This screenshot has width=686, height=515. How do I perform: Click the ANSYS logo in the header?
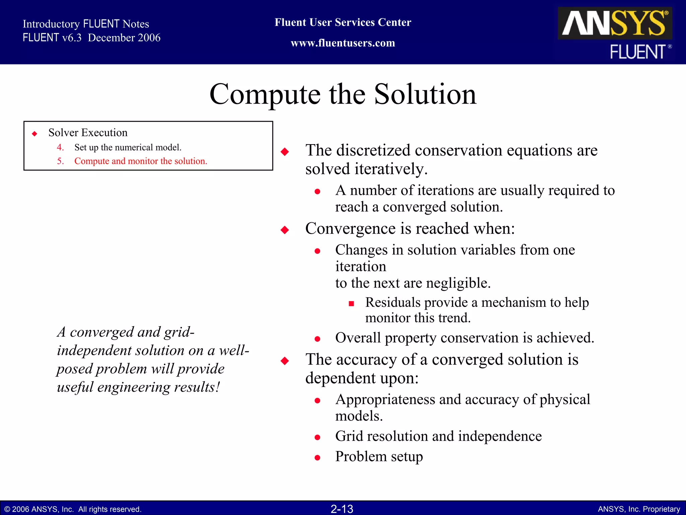(x=614, y=23)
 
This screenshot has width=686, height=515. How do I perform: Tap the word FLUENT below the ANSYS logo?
(x=637, y=52)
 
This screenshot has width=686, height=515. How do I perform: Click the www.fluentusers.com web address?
(x=343, y=43)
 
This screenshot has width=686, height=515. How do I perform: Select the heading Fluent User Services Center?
(x=343, y=22)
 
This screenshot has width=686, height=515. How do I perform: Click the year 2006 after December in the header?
(x=149, y=38)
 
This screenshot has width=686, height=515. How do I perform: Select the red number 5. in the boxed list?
(x=60, y=161)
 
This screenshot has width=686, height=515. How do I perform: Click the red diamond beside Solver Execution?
(x=35, y=134)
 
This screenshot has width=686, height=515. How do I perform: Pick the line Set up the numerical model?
(x=128, y=147)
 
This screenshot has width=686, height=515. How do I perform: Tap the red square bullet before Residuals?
(x=351, y=304)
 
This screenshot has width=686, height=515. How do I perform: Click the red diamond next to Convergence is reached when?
(x=285, y=230)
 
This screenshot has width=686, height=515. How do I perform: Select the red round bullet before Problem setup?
(x=318, y=458)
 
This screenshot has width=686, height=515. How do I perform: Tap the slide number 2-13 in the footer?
(x=342, y=509)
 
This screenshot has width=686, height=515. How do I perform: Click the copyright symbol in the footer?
(x=7, y=509)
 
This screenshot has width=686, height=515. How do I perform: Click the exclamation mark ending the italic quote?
(x=218, y=387)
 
